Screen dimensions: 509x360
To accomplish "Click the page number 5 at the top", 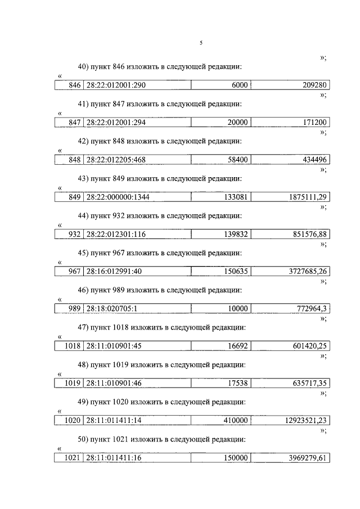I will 201,43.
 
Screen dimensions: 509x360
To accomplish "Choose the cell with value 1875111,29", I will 307,197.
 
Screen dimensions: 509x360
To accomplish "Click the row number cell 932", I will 74,234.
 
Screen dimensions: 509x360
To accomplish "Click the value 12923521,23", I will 304,421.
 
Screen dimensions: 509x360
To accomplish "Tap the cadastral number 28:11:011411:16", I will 113,458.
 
